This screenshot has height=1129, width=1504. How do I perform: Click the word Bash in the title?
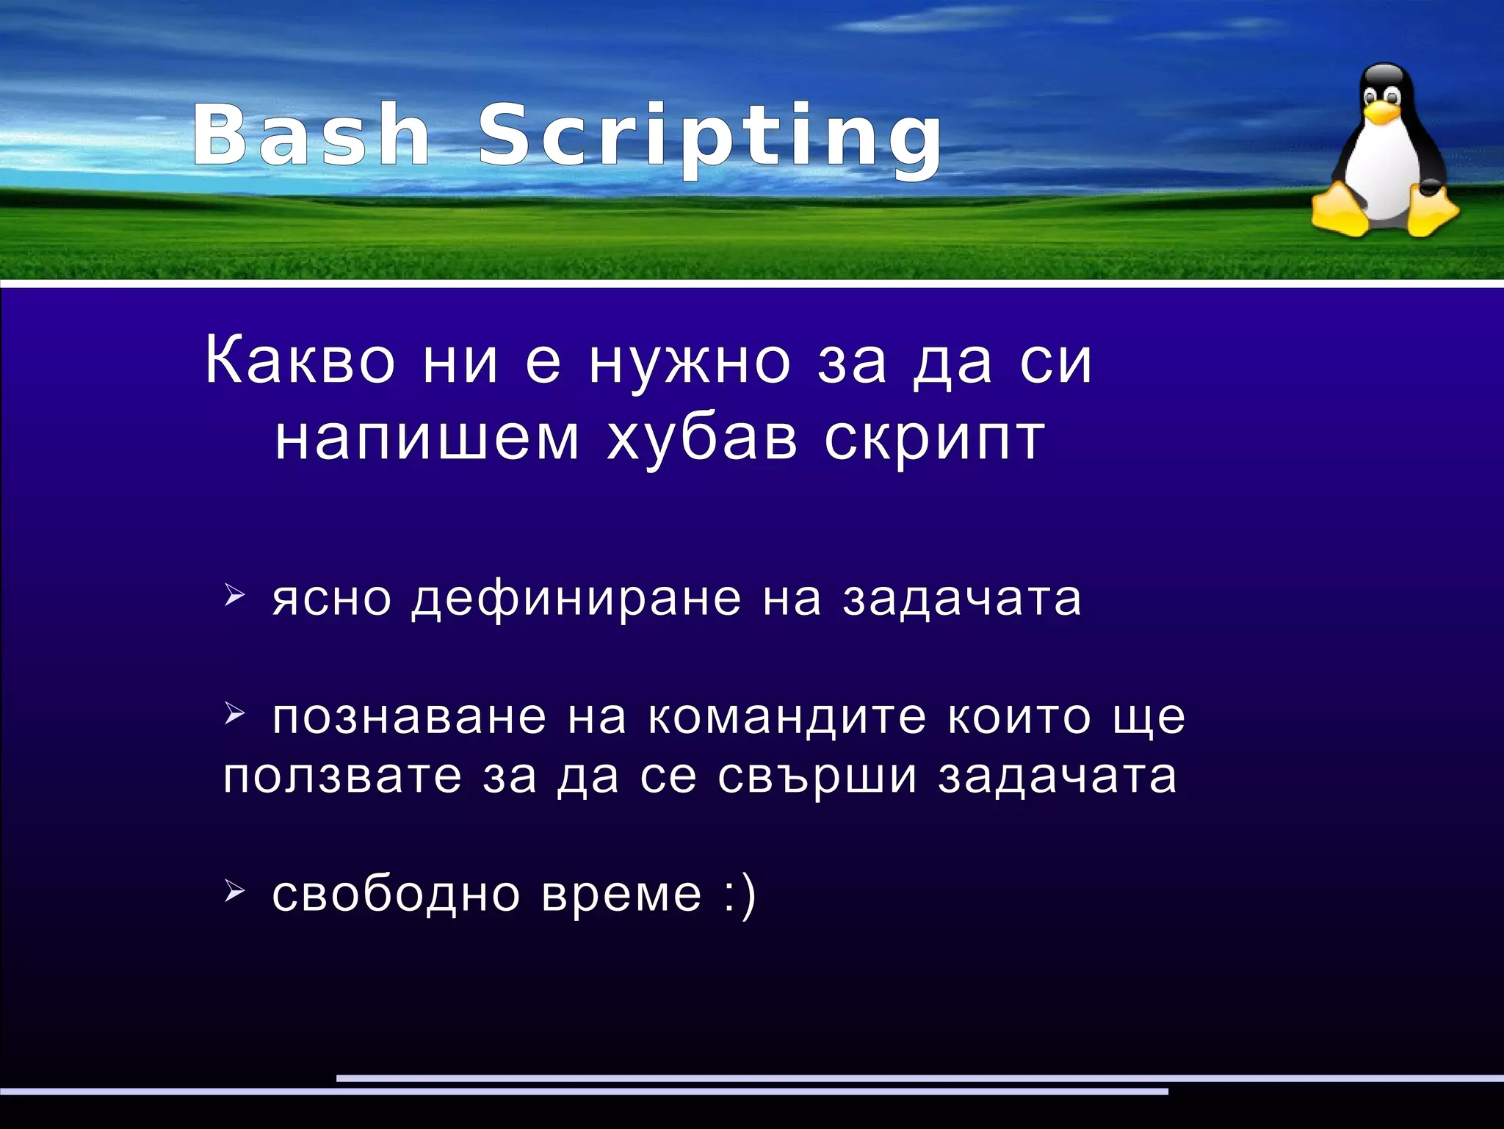click(x=312, y=136)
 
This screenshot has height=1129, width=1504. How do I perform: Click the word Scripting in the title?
click(x=709, y=140)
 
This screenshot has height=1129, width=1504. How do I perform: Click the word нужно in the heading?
click(x=690, y=361)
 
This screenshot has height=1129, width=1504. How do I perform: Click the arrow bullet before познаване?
click(x=233, y=711)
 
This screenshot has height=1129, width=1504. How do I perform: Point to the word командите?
click(x=787, y=717)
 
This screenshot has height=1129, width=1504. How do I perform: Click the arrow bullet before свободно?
click(x=233, y=891)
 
